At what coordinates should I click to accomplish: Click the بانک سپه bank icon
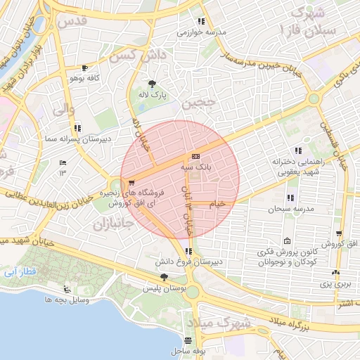195,156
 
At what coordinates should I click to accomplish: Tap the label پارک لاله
153,94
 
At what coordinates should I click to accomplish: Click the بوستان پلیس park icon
165,277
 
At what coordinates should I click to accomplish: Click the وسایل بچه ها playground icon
67,289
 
